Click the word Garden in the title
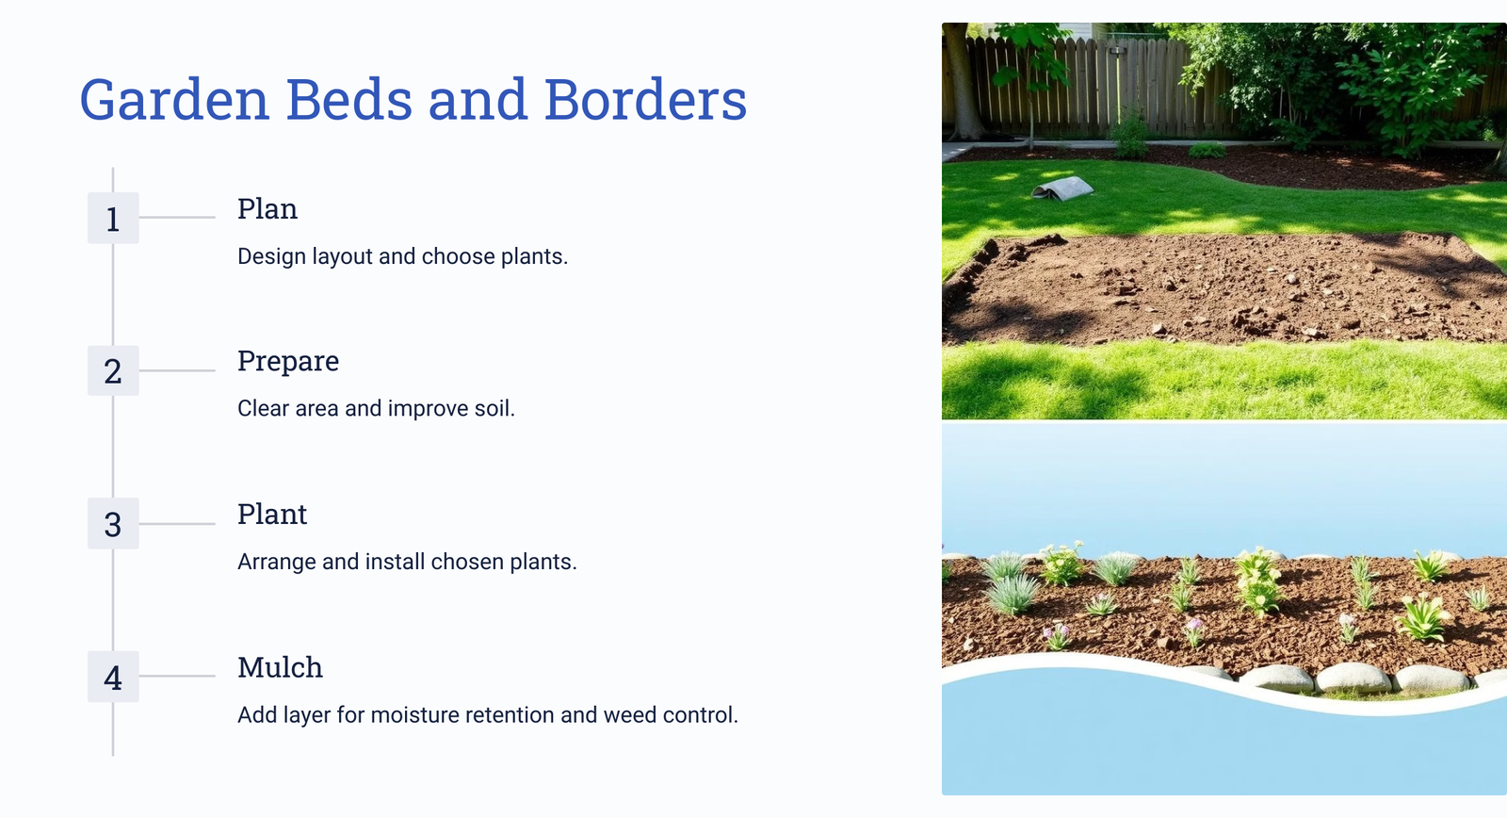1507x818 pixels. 175,101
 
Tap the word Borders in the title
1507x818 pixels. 645,100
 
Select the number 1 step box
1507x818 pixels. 113,218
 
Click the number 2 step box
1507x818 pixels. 113,371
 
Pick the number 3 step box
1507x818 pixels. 113,524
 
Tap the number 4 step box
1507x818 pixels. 113,677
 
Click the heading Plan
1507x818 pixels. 267,208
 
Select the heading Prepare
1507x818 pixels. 288,362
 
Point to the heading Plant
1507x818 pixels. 272,515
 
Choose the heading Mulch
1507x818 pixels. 280,667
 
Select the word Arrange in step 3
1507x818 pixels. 277,563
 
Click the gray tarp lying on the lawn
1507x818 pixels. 1062,188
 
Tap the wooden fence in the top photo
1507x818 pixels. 1090,88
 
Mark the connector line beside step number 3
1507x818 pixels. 177,524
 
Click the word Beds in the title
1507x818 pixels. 349,100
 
